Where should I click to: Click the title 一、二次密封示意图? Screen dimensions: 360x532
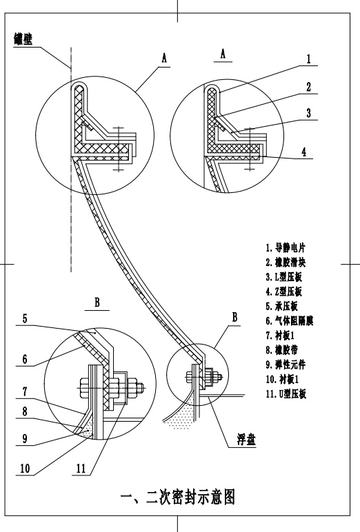(178, 497)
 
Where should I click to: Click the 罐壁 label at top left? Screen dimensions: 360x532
(23, 39)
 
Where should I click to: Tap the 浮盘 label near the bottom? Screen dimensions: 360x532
(247, 440)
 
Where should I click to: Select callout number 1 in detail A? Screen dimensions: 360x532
(309, 59)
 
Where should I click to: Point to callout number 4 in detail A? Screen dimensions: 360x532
(304, 152)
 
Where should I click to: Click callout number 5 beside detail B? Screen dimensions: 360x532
(25, 318)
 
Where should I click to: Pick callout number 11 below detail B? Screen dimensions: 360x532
(81, 469)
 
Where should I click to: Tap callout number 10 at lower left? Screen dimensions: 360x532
(25, 469)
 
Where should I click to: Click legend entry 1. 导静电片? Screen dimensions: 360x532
(286, 247)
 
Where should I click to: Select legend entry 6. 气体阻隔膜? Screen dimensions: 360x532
(290, 320)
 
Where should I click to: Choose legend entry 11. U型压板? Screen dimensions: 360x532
(286, 393)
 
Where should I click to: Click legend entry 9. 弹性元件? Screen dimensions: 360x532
(286, 365)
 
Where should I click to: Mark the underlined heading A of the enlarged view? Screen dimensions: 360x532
(223, 54)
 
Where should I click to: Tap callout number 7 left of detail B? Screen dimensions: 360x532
(25, 391)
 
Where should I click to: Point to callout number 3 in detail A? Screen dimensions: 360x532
(309, 112)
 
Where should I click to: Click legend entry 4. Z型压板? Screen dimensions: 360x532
(283, 291)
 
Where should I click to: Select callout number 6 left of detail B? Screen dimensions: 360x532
(25, 359)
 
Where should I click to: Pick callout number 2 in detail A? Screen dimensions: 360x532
(309, 87)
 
